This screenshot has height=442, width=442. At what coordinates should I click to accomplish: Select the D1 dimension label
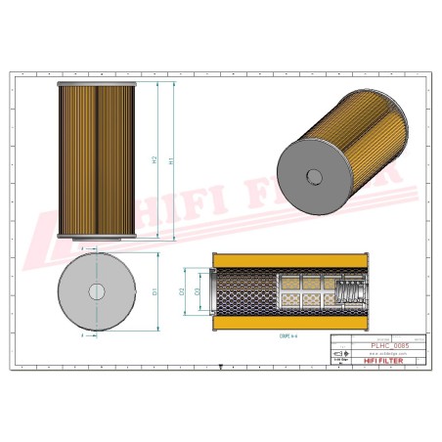click(155, 291)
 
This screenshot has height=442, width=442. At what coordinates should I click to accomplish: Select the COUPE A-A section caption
click(289, 337)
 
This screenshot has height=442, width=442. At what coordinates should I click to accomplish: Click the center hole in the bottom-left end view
click(96, 290)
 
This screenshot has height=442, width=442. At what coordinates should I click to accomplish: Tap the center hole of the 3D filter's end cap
click(314, 177)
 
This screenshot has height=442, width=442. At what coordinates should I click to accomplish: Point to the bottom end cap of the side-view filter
click(96, 236)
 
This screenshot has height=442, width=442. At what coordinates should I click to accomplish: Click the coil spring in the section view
click(347, 290)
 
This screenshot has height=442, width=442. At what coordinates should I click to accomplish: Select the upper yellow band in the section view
click(289, 259)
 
